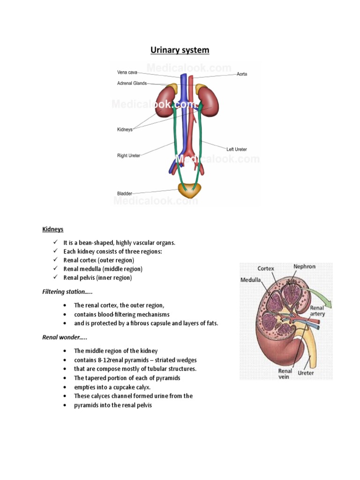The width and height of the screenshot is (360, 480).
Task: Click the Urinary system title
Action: coord(180,50)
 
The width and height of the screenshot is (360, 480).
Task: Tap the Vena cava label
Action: coord(127,72)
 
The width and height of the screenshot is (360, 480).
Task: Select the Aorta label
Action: coord(242,74)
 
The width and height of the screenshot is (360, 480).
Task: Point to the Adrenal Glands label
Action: coord(132,83)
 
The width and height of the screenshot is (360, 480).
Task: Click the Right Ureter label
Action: coord(128,156)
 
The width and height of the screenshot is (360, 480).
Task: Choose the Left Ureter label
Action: coord(237,149)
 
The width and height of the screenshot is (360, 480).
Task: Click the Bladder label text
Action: coord(124,193)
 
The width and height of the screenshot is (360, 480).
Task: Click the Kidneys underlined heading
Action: coord(52,229)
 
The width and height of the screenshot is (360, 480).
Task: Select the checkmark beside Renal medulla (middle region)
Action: coord(55,269)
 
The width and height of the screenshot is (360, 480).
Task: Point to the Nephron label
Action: coord(304,267)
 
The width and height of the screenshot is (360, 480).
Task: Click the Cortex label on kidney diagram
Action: coord(266,269)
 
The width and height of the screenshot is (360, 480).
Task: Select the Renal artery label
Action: coord(317,311)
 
